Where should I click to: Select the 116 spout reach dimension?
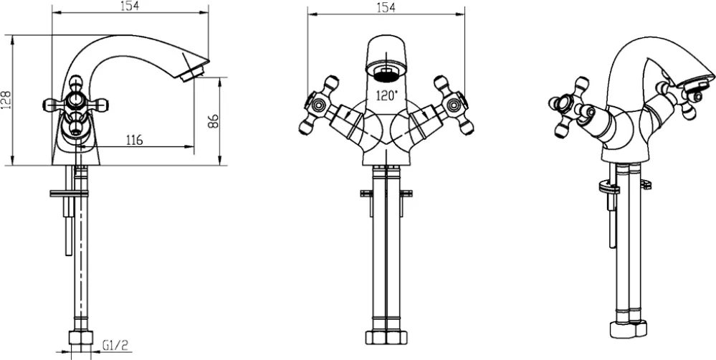pos(133,139)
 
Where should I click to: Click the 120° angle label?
pos(387,96)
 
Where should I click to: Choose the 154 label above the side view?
pos(129,6)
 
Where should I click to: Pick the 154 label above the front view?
pos(386,8)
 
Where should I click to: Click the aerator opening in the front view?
pos(386,73)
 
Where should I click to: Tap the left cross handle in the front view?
pos(319,105)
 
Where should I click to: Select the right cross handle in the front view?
pos(454,105)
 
